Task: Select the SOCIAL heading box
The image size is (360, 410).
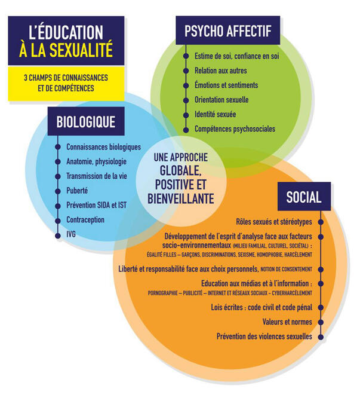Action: (304, 197)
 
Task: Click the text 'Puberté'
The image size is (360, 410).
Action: (78, 191)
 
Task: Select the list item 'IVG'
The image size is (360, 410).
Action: (72, 234)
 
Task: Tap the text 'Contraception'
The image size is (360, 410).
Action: (85, 219)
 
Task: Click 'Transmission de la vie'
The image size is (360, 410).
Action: (97, 176)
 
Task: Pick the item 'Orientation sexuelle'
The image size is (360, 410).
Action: (221, 99)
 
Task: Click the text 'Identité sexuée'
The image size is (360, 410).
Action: (216, 114)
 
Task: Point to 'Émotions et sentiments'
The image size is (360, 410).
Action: (226, 85)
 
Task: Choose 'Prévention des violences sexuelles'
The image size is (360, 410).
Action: (264, 336)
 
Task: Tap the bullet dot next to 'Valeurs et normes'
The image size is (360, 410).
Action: (321, 322)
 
